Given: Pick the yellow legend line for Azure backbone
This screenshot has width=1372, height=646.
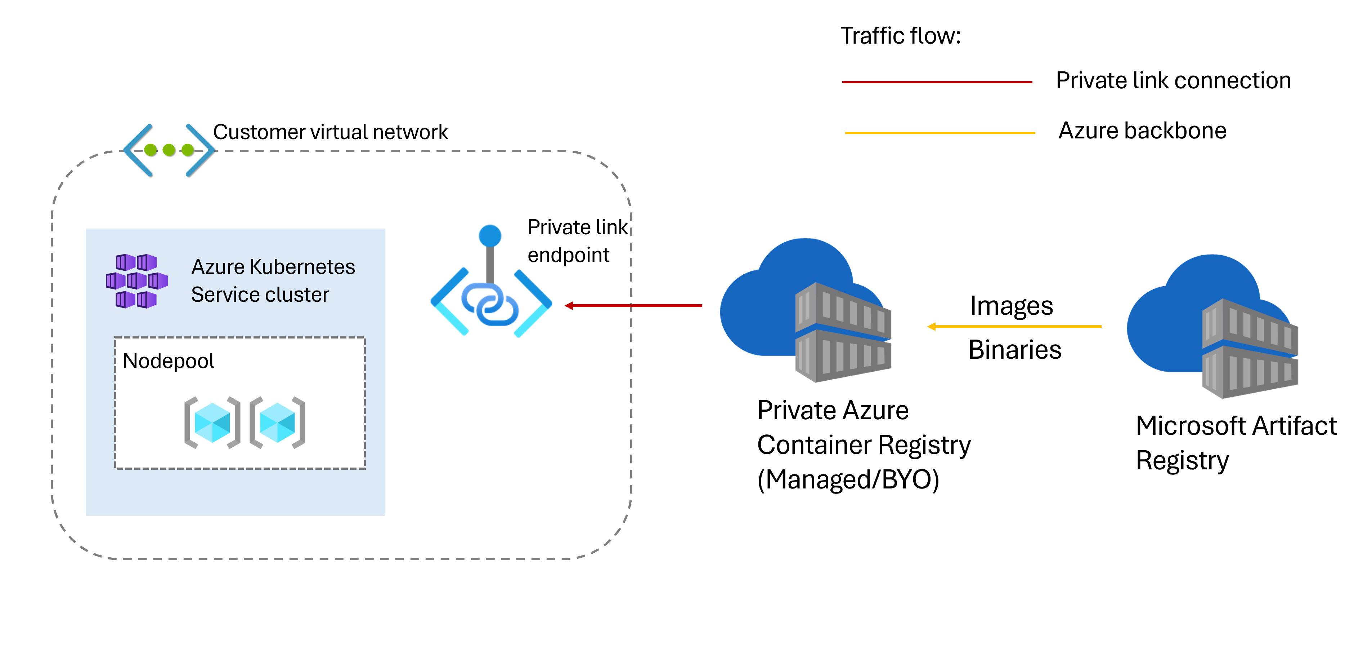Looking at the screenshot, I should tap(940, 133).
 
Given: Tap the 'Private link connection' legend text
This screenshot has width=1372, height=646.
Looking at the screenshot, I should tap(1173, 80).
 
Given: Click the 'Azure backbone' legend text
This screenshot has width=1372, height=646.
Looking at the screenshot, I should tap(1142, 130).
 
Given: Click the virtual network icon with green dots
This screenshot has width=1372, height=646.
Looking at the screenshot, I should tap(169, 150).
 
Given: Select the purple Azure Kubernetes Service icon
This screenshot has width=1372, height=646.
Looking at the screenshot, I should tap(136, 281).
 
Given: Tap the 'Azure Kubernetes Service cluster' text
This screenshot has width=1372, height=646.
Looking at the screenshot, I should tap(273, 280).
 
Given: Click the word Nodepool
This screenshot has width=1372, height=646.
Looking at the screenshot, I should tap(168, 361).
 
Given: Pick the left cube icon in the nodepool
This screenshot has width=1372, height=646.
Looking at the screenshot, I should tap(212, 422).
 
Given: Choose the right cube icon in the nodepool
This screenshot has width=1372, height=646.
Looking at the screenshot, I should tap(277, 422).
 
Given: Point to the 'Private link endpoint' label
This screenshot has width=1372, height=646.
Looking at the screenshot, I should tap(577, 241).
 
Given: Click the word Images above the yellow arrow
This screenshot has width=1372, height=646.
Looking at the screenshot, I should tap(1011, 306).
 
